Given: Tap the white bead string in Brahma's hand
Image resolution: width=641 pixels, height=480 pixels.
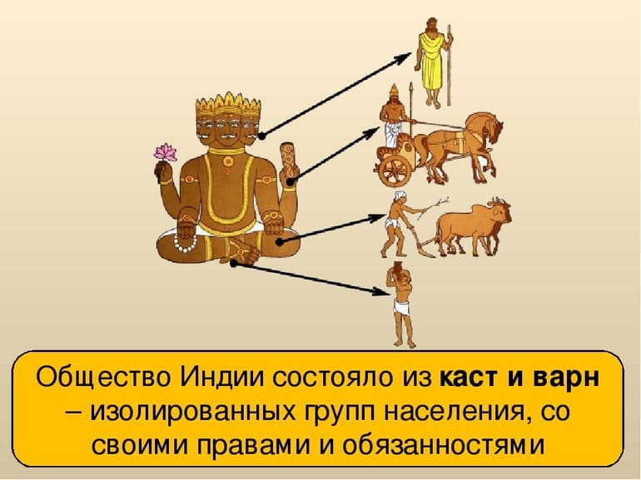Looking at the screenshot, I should pos(185,245).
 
